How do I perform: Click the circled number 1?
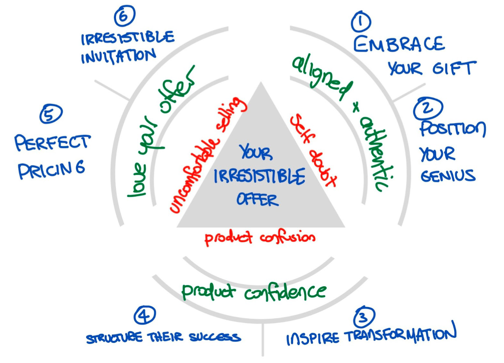tap(361, 22)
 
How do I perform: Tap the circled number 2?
tap(428, 108)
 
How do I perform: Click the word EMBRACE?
tap(399, 44)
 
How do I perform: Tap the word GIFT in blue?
tap(453, 68)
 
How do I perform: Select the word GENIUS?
tap(448, 176)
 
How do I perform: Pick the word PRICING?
tap(51, 169)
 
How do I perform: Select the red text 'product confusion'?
tap(260, 238)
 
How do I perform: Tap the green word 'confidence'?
tap(285, 292)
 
